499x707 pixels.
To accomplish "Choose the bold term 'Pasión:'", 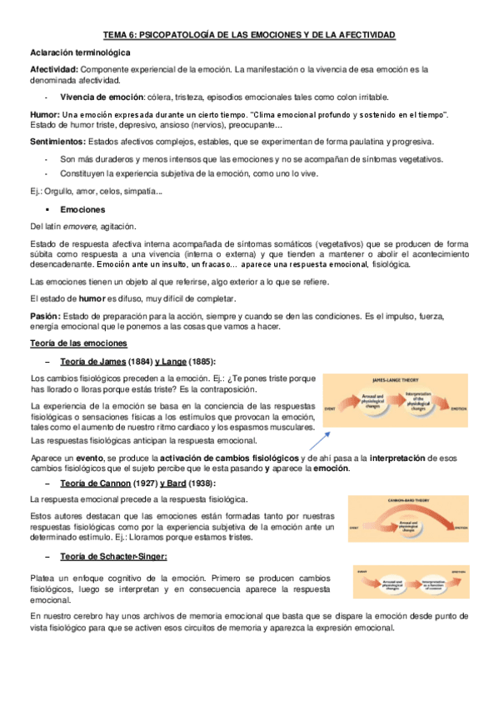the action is (x=45, y=315).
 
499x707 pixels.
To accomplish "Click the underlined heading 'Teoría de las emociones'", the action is (x=78, y=343).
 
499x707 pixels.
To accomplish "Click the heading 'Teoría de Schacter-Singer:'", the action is (x=114, y=557).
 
